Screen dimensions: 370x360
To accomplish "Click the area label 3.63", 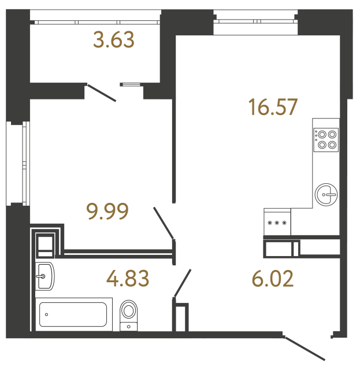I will (113, 40).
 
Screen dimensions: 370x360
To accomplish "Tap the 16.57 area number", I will (272, 106).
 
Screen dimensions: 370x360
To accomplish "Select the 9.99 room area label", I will (107, 211).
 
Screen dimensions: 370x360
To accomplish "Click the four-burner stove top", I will (326, 140).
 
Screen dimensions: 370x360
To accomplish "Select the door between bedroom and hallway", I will (164, 223).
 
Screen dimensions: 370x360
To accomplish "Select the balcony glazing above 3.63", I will (95, 21).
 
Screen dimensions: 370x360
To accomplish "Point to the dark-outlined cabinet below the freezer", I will (281, 249).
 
